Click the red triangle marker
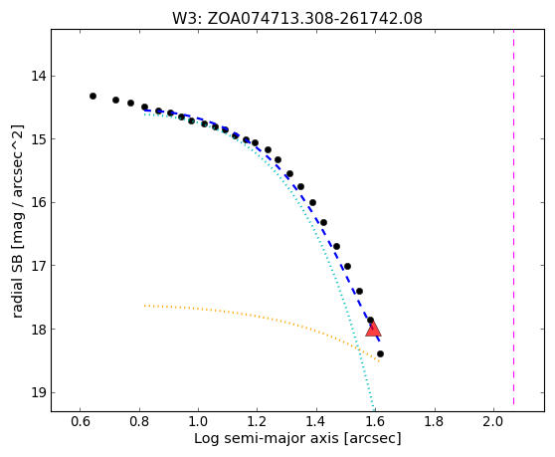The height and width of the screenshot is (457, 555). point(373,330)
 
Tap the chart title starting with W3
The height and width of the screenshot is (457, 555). point(297,19)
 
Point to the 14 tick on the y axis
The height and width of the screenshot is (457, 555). point(39,76)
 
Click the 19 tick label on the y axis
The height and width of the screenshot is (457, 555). point(39,393)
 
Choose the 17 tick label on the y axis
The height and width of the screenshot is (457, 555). point(39,266)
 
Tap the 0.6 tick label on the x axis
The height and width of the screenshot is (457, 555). point(80,421)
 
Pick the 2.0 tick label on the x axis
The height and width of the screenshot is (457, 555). point(493,421)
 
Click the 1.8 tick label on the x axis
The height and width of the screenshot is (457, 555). point(434,421)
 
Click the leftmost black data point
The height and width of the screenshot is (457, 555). point(92,96)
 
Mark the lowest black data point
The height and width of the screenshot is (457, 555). point(381,353)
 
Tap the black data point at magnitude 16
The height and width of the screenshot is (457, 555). point(312,203)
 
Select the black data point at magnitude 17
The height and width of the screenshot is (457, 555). point(347,266)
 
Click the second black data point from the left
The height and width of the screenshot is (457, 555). point(115,100)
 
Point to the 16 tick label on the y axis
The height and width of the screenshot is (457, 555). point(39,203)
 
